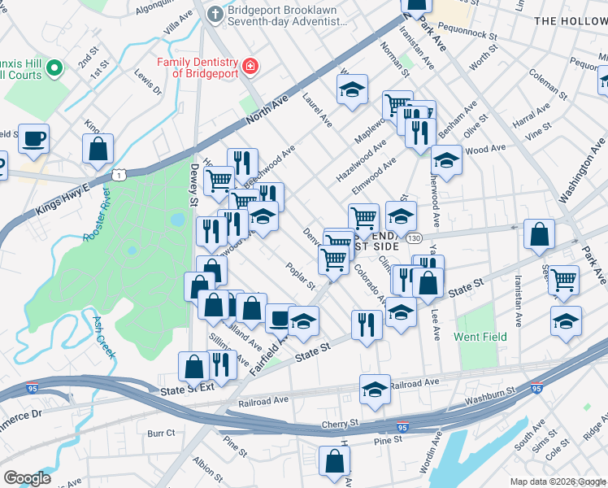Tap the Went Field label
[480, 337]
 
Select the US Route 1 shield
[120, 175]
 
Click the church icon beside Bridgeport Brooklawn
[215, 14]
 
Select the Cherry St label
[342, 424]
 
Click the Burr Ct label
[161, 434]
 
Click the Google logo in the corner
[27, 477]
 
